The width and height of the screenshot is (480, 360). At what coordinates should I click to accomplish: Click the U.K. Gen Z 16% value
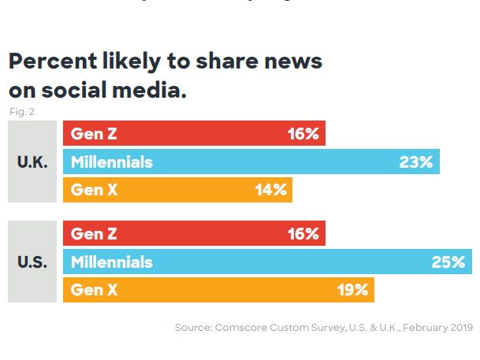303,134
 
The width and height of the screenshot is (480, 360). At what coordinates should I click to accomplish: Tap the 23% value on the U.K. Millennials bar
416,162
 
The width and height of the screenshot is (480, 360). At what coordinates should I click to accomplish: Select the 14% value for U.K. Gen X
270,190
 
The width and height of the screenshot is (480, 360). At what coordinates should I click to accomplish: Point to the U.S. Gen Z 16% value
303,234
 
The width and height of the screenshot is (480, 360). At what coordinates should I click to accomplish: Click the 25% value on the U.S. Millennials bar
448,262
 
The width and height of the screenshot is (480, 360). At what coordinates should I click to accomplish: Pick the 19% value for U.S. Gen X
352,290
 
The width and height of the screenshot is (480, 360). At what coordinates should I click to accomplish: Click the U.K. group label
32,162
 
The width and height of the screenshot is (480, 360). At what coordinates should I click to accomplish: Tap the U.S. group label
32,262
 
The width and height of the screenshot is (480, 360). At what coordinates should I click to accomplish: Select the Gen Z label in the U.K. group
94,134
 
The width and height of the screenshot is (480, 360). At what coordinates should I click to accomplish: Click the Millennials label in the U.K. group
112,162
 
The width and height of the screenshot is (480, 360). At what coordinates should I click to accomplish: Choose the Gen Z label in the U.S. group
94,234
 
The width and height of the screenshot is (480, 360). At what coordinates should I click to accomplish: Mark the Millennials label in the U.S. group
112,262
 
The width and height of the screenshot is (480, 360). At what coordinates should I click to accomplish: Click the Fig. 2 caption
21,112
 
